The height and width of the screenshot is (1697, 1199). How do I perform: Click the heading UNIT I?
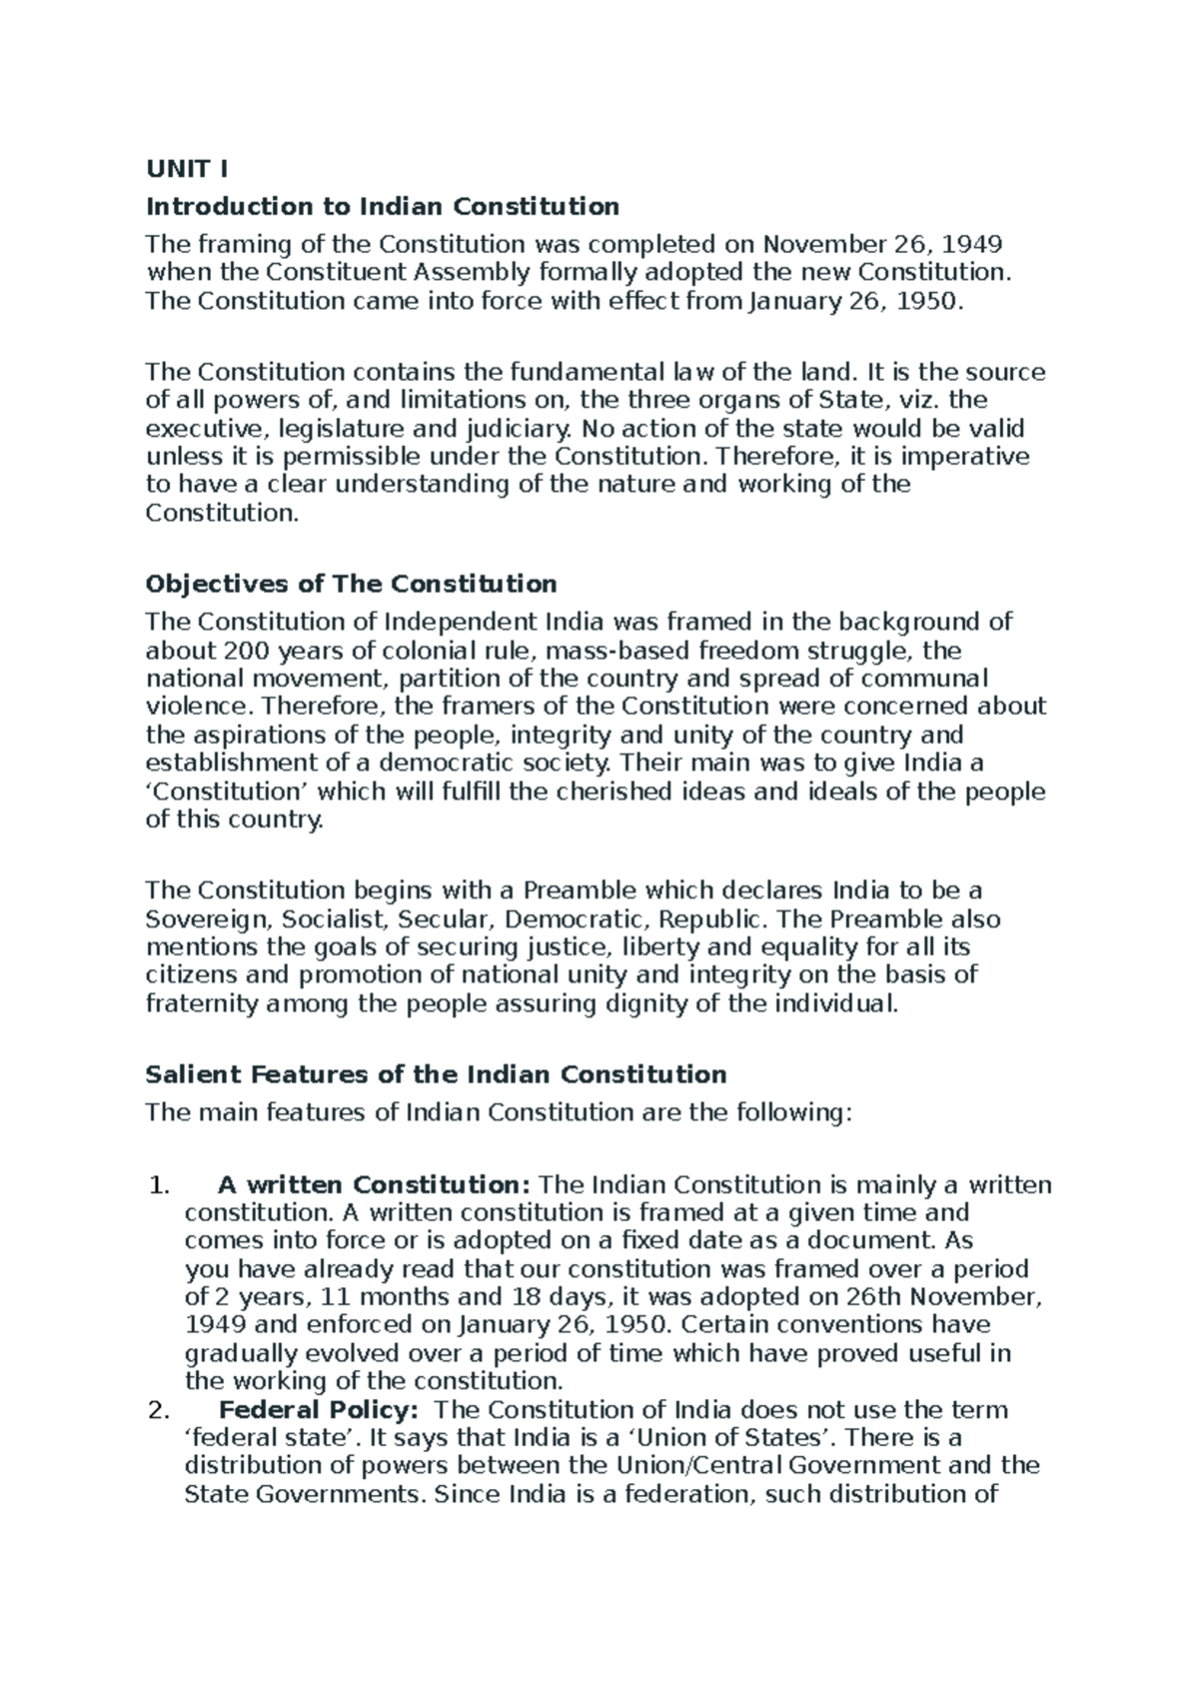[x=187, y=169]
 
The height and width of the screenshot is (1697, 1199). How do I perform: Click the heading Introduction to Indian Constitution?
[x=383, y=207]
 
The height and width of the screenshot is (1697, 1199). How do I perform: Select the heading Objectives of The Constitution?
[x=351, y=584]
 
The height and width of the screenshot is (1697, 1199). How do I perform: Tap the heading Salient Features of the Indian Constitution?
[x=436, y=1075]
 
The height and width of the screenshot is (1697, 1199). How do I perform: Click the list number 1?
[x=158, y=1186]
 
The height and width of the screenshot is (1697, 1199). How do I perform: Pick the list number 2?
[x=158, y=1411]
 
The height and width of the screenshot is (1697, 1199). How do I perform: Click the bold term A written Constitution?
[x=374, y=1186]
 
